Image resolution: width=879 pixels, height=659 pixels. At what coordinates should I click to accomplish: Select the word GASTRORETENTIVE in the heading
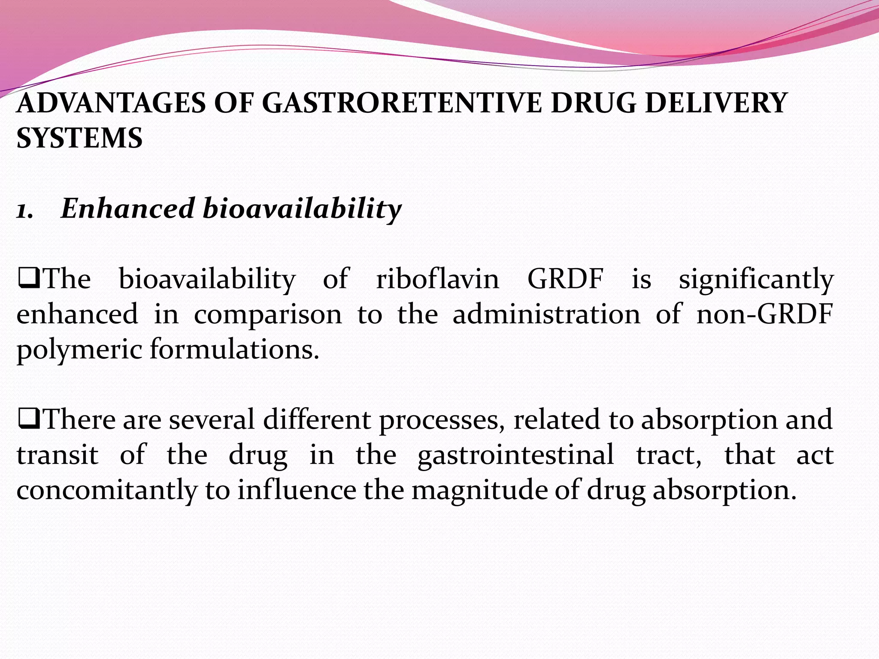pyautogui.click(x=402, y=103)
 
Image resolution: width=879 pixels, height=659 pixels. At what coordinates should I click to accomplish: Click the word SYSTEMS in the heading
pyautogui.click(x=79, y=138)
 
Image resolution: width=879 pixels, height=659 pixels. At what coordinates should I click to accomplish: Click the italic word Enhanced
pyautogui.click(x=127, y=209)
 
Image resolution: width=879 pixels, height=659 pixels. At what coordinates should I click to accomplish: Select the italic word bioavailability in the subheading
pyautogui.click(x=302, y=209)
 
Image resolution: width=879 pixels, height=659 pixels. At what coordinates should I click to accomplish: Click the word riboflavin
pyautogui.click(x=438, y=279)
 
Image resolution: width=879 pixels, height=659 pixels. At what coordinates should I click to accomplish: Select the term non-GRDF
pyautogui.click(x=764, y=314)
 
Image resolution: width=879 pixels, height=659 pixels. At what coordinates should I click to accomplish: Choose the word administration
pyautogui.click(x=546, y=314)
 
